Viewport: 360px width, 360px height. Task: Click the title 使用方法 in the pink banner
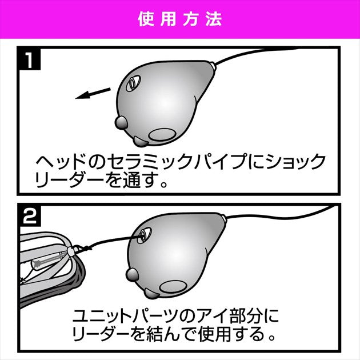coord(180,19)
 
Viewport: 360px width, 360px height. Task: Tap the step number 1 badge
coord(29,59)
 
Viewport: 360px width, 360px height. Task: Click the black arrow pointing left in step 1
coord(93,93)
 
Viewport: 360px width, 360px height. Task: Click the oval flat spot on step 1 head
coord(162,134)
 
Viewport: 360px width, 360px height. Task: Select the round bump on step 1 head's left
coord(121,123)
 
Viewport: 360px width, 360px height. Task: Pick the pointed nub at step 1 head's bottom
coord(140,142)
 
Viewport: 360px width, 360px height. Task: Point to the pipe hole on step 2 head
coord(144,235)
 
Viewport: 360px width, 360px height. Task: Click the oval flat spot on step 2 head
coord(173,287)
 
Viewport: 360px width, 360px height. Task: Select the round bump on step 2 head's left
coord(133,275)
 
